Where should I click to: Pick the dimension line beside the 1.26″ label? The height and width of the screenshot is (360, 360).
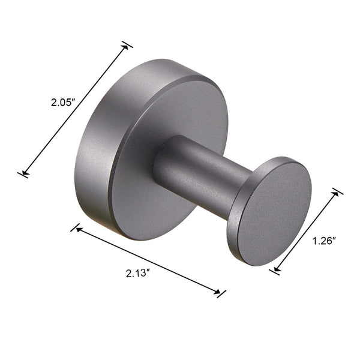point(306,231)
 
